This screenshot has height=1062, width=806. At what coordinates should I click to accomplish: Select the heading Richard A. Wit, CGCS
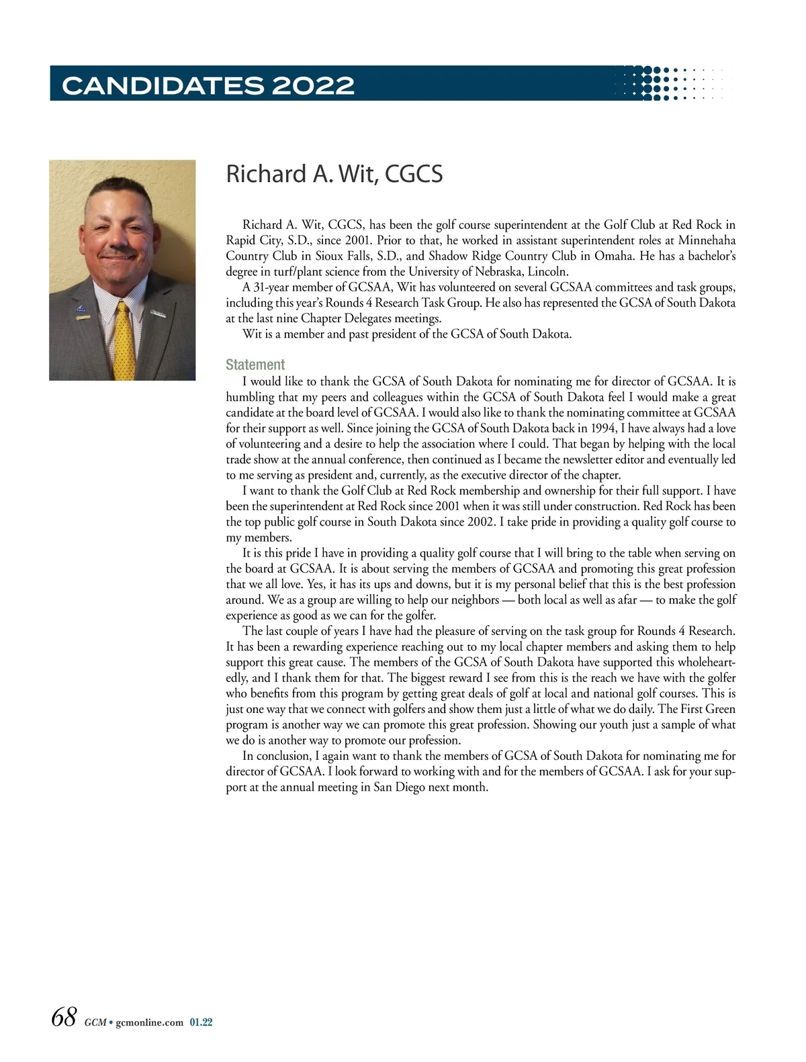click(x=334, y=174)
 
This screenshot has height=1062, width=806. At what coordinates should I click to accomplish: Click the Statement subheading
click(x=255, y=365)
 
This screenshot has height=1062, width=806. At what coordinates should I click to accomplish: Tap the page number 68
click(x=64, y=1016)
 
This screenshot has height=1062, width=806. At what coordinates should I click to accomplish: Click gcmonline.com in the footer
click(x=149, y=1022)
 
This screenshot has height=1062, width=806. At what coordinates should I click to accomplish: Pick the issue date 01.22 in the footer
click(x=201, y=1022)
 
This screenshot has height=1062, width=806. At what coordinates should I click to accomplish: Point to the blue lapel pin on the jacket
click(x=81, y=310)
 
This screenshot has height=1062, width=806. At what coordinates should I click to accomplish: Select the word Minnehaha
click(x=707, y=240)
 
